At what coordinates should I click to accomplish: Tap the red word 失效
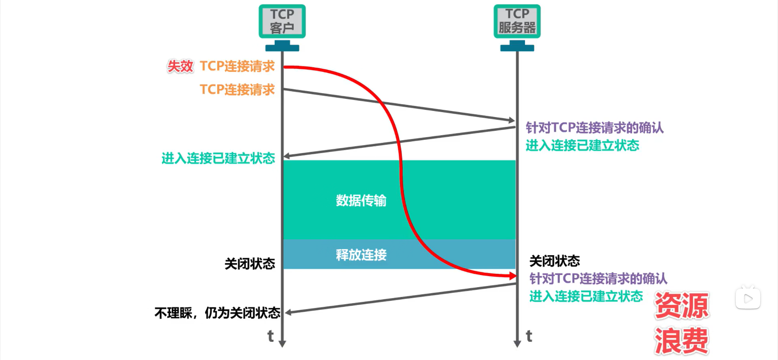[180, 66]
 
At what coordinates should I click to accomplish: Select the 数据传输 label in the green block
[361, 200]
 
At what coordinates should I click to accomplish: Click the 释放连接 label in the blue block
[361, 255]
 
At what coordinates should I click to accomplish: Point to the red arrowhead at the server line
[513, 276]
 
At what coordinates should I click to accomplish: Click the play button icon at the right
[748, 299]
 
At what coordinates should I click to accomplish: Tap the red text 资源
[682, 306]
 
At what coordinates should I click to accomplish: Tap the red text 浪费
[682, 341]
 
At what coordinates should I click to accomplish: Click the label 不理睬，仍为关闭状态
[217, 313]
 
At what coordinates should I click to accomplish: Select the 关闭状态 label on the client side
[250, 264]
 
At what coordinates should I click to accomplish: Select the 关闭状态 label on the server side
[554, 261]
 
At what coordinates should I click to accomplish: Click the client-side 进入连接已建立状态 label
[218, 158]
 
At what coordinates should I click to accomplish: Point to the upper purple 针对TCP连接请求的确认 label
[594, 128]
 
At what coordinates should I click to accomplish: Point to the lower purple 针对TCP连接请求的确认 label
[598, 279]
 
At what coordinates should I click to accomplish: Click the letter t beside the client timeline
[271, 336]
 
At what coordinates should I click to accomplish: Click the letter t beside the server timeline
[529, 336]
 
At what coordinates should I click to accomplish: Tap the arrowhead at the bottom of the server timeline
[517, 344]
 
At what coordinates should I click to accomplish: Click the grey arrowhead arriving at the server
[511, 120]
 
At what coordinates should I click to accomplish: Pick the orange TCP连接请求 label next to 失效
[237, 66]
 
